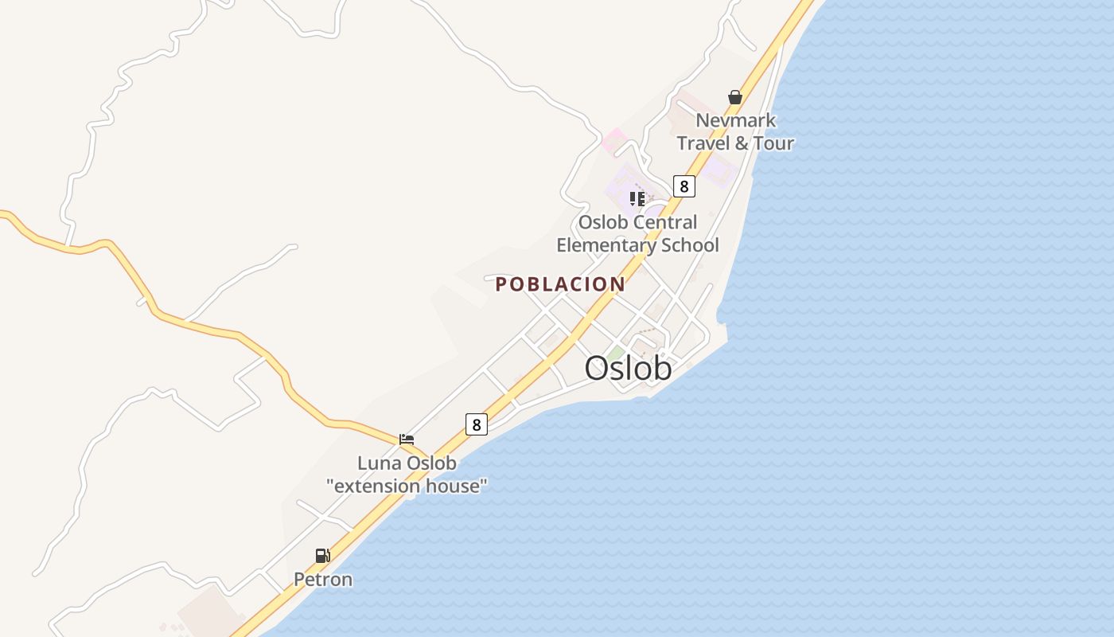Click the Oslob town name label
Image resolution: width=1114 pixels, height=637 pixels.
tap(628, 368)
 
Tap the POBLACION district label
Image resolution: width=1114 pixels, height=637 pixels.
tap(560, 284)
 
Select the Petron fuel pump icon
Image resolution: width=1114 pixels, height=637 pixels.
tap(322, 556)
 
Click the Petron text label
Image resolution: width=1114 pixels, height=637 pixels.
tap(323, 580)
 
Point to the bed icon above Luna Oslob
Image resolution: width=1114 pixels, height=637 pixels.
tap(407, 439)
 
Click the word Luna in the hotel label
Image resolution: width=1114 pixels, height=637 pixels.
tap(380, 463)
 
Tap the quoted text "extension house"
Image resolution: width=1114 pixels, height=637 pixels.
tap(407, 486)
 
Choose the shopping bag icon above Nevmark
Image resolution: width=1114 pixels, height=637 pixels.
tap(734, 97)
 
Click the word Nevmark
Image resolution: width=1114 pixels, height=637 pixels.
tap(736, 120)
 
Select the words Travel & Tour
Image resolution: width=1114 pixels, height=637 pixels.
tap(735, 143)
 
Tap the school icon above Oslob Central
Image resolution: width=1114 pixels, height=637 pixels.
tap(637, 198)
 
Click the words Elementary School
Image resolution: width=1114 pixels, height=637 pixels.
tap(637, 245)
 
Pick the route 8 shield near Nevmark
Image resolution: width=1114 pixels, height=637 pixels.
tap(684, 186)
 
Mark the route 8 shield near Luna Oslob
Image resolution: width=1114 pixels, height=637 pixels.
tap(476, 424)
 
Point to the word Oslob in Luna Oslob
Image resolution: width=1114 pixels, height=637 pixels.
tap(431, 463)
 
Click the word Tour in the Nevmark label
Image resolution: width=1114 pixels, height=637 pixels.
tap(773, 143)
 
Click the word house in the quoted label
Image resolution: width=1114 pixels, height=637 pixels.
tap(454, 486)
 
